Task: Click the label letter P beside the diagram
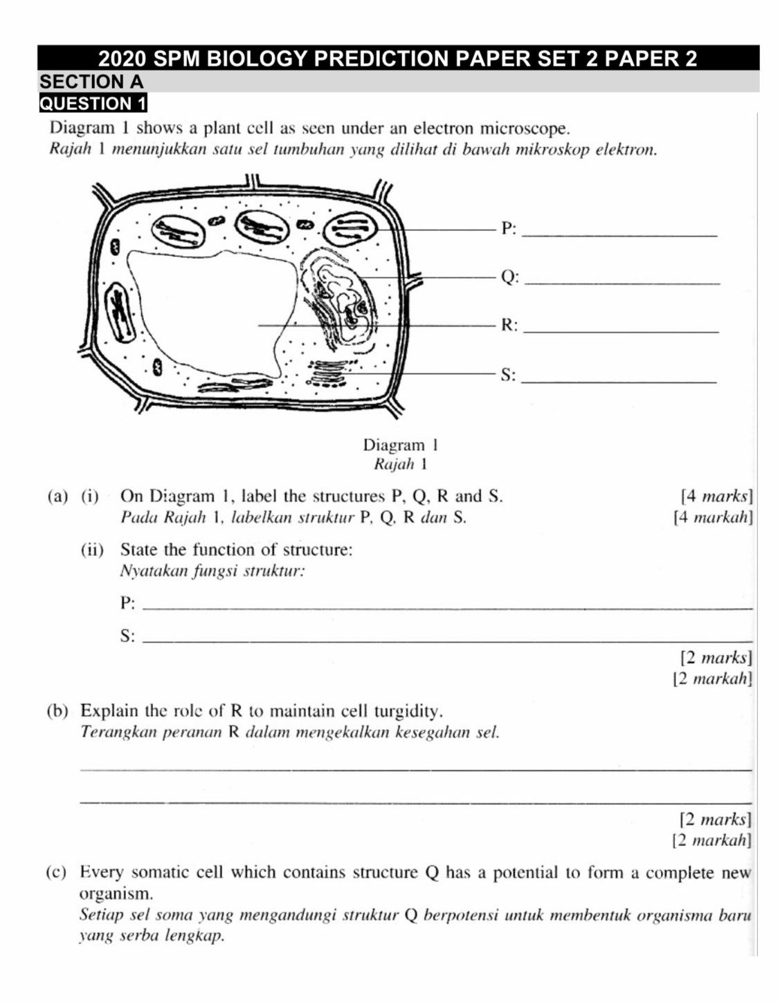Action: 507,228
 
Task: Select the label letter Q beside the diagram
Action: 508,277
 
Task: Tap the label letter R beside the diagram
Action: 507,325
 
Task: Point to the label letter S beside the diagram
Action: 507,375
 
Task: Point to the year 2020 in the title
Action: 122,58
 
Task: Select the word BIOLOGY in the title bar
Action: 257,58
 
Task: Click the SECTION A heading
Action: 91,82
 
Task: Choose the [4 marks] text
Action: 716,496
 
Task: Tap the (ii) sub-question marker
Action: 92,550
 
